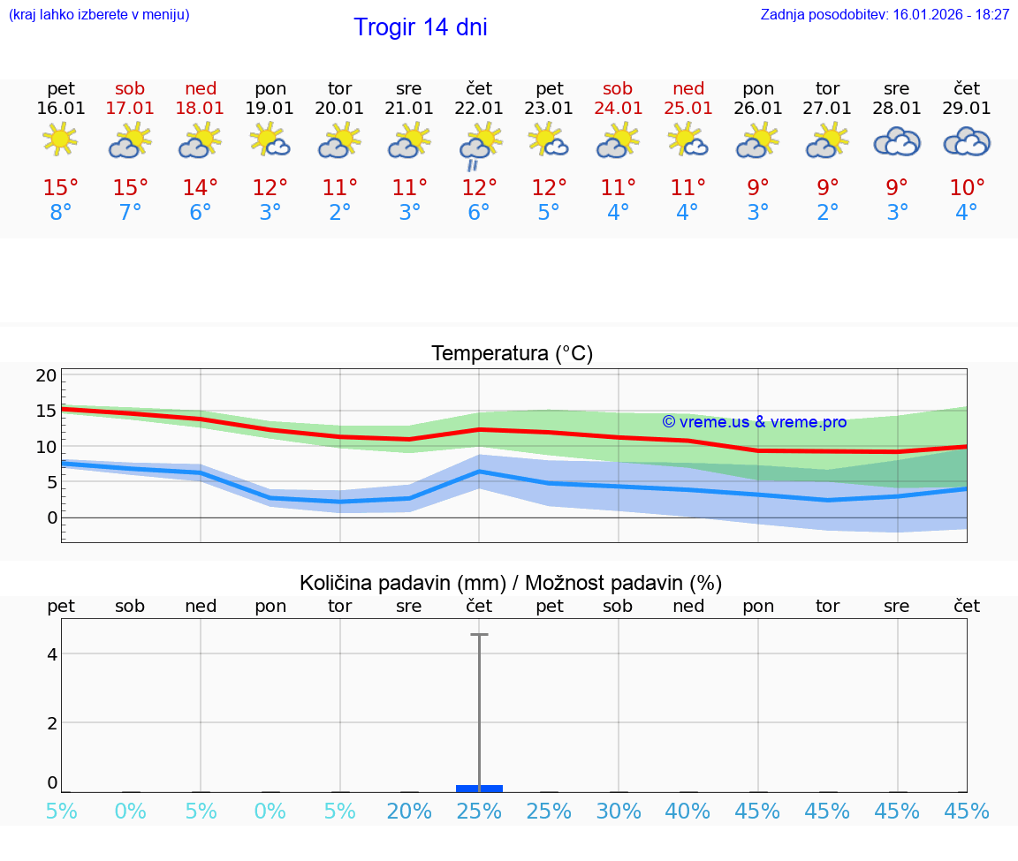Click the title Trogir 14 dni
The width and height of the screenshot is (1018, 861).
(420, 27)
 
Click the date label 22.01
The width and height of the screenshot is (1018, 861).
(479, 109)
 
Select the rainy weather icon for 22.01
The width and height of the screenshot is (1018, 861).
(479, 145)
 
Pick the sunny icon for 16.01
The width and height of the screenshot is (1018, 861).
(60, 140)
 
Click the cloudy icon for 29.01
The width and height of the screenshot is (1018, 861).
(967, 141)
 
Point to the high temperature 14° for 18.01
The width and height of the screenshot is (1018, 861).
(201, 188)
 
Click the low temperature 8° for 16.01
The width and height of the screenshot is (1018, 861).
(60, 213)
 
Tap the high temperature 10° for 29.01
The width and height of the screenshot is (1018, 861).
(967, 188)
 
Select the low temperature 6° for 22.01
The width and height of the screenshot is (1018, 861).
(479, 213)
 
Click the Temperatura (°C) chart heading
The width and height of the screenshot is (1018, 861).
(512, 354)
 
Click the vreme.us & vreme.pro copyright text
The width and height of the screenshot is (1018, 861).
(754, 422)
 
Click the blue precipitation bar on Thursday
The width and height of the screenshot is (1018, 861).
(479, 788)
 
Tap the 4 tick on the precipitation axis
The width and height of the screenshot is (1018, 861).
(52, 653)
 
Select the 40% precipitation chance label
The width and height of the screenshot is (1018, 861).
(688, 812)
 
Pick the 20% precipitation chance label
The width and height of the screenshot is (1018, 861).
(409, 812)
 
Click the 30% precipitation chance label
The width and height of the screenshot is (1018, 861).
(618, 812)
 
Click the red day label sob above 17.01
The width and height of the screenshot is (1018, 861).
(130, 88)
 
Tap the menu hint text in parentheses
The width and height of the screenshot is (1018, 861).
(99, 15)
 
